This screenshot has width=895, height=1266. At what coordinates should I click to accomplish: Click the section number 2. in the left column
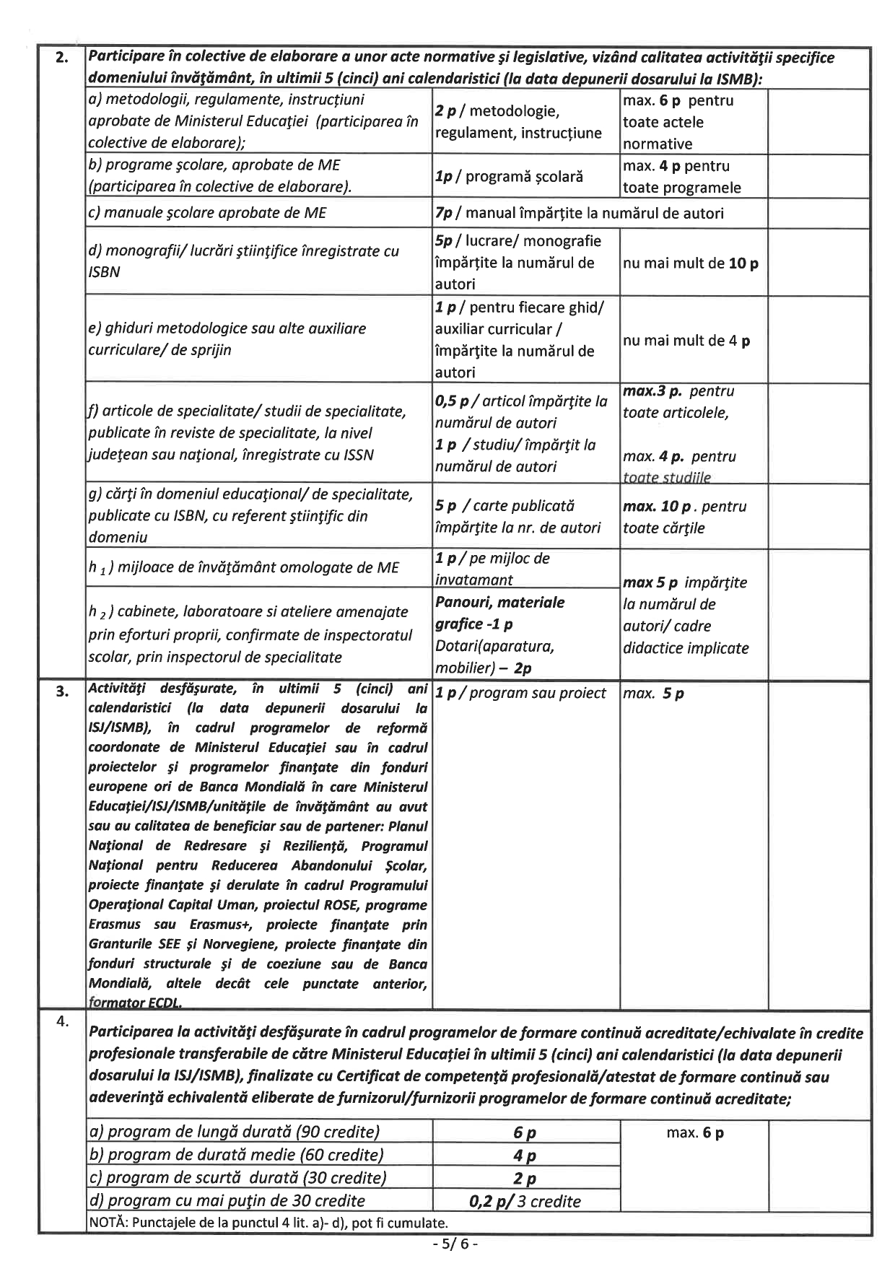click(x=63, y=58)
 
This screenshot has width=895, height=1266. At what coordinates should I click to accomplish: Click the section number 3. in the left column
click(x=63, y=691)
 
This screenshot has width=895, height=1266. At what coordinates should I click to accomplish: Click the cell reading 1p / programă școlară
click(x=509, y=177)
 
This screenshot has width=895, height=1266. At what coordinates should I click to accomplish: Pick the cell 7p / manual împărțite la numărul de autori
click(x=579, y=213)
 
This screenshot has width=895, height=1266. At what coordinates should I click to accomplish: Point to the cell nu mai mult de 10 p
click(x=690, y=263)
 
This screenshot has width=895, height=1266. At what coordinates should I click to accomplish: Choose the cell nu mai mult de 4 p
click(x=686, y=341)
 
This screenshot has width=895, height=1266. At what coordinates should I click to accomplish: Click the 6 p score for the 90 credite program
click(x=525, y=1132)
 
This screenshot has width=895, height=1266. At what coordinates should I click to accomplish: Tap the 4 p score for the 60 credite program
click(x=525, y=1156)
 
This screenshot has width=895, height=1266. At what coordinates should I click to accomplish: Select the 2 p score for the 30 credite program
click(x=525, y=1179)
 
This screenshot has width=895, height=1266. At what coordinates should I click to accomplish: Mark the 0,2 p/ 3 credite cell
click(x=525, y=1201)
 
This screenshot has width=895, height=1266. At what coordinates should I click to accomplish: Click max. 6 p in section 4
click(x=694, y=1132)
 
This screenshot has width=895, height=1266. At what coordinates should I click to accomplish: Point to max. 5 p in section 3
click(x=653, y=694)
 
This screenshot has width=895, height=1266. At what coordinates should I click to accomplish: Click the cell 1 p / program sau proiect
click(x=520, y=693)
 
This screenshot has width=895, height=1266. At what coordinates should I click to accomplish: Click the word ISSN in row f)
click(x=356, y=455)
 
